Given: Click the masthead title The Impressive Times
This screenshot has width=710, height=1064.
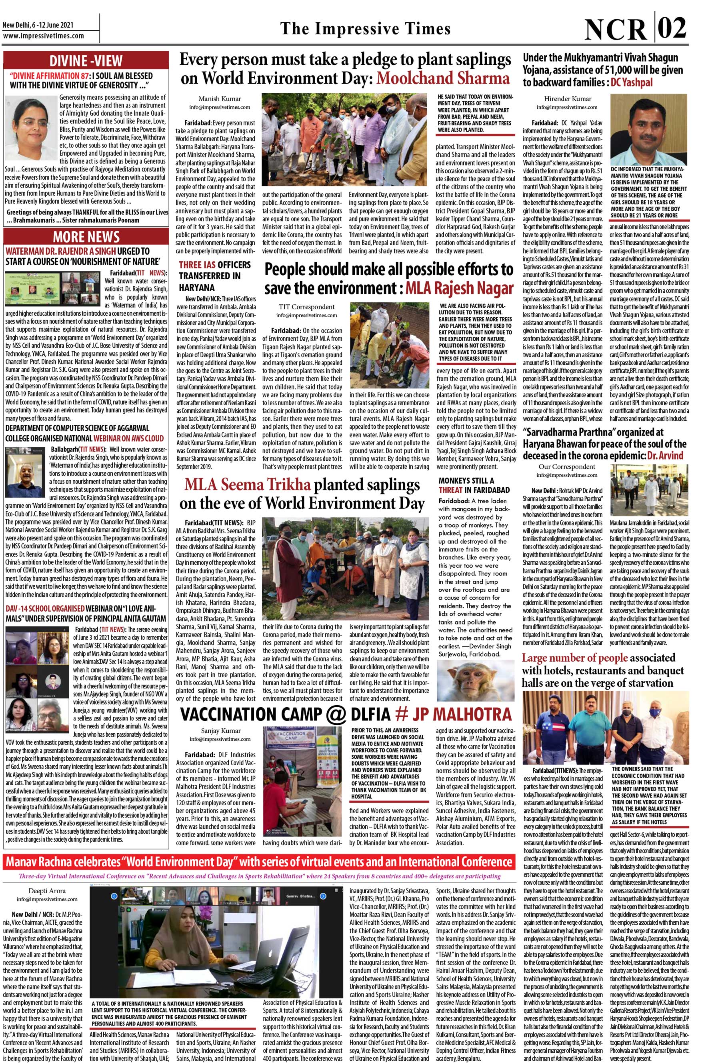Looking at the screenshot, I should click(x=366, y=29).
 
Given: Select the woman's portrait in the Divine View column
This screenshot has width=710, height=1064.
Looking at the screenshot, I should click(x=30, y=121).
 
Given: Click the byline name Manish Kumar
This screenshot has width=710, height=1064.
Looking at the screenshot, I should click(x=220, y=99).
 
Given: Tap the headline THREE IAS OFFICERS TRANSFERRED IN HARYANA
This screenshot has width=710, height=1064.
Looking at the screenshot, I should click(x=214, y=275).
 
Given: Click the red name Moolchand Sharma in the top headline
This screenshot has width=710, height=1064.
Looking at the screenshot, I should click(x=442, y=78).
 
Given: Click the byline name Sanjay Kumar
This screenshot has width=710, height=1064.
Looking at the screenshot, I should click(x=220, y=730).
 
